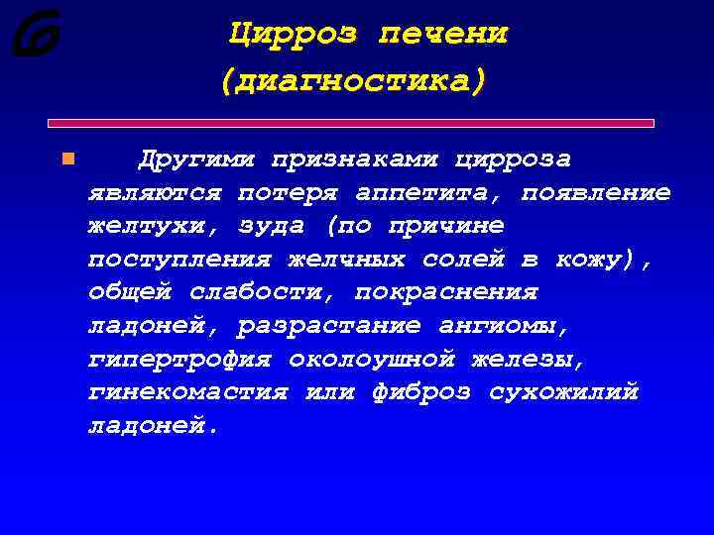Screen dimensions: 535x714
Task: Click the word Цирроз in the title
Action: pos(292,34)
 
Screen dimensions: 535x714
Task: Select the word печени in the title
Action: pos(443,34)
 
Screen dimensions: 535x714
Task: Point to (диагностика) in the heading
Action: pos(354,79)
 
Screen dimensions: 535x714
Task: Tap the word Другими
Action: pos(195,160)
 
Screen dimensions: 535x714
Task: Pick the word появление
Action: pos(596,192)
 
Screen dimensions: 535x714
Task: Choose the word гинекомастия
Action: pos(187,393)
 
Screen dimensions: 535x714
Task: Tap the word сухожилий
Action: pos(563,393)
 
